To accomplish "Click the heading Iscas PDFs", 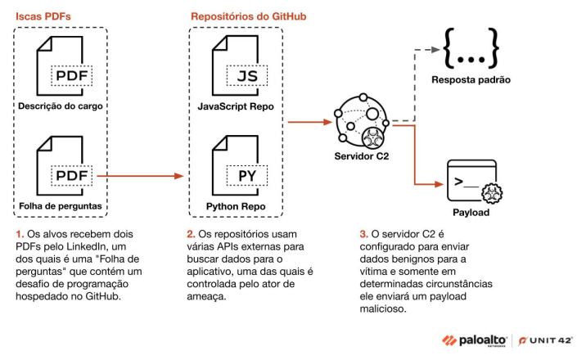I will pos(41,16).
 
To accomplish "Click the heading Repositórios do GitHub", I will pos(249,16).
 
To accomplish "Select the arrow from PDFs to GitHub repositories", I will pos(144,175).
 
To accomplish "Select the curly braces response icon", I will pos(471,49).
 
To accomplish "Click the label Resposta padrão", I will pos(471,81).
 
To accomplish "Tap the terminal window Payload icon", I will pos(471,182).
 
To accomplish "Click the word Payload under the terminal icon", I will pos(471,214).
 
